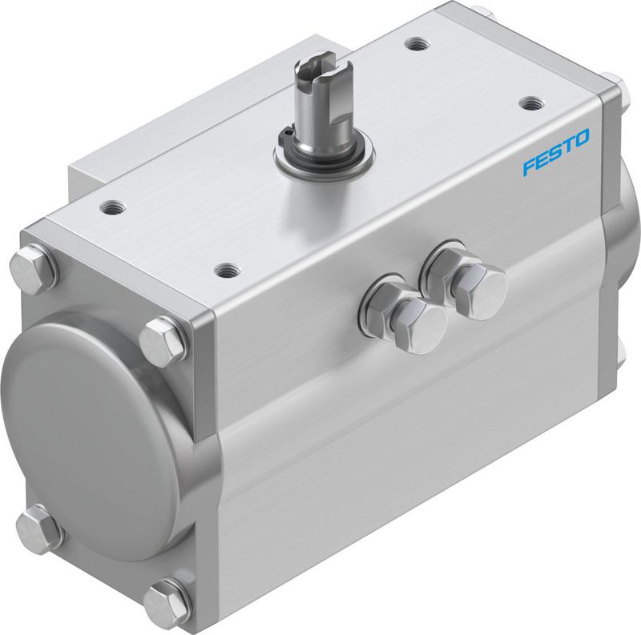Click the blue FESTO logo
[556, 152]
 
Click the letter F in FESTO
[529, 167]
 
